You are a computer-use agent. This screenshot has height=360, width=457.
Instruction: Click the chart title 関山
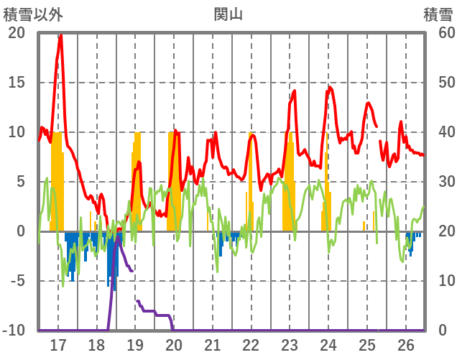point(228,14)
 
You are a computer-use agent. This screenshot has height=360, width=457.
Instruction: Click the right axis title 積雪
point(438,14)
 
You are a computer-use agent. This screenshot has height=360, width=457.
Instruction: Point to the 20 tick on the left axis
point(17,33)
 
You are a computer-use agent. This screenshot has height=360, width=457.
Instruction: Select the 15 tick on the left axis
point(17,83)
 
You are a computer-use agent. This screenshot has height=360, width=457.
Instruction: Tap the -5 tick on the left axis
point(17,281)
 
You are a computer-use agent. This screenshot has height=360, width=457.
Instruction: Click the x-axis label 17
point(58,345)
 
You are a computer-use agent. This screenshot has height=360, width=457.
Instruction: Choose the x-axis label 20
point(174,345)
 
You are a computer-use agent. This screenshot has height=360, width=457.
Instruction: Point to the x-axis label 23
point(290,345)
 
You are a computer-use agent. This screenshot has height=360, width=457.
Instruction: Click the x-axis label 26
point(406,345)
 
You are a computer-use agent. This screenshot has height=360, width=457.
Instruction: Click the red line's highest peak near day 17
point(60,35)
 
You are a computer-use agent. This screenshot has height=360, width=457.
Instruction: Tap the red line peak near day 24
point(329,88)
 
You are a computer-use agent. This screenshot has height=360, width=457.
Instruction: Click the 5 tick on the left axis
point(19,182)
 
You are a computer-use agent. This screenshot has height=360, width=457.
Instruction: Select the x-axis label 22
point(251,345)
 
